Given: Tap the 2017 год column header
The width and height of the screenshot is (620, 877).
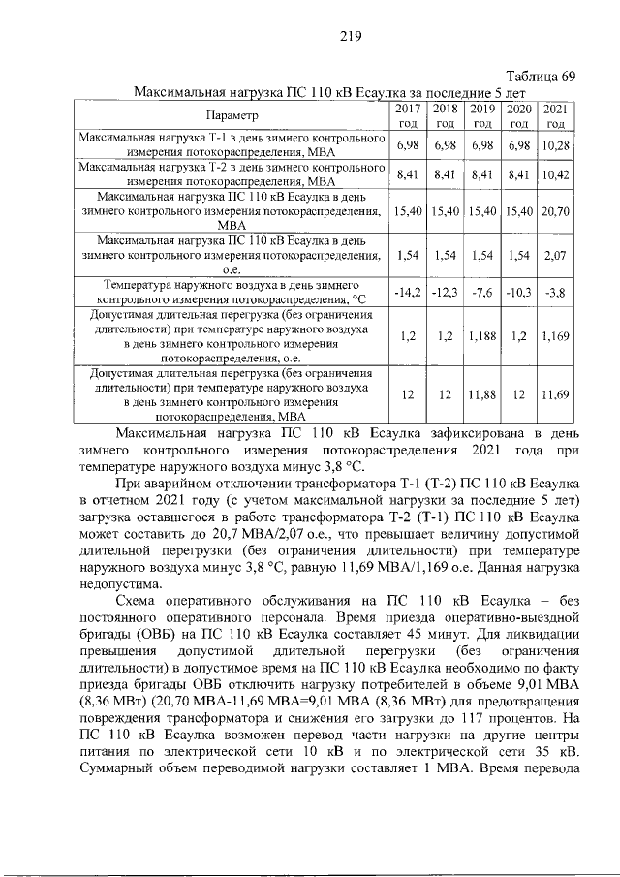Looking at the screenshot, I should (x=408, y=115).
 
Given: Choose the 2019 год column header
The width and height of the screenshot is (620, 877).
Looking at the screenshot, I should (x=481, y=115).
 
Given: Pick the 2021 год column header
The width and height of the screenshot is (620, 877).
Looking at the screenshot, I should (x=555, y=115).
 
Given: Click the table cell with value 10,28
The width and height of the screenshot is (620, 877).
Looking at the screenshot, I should (x=555, y=144).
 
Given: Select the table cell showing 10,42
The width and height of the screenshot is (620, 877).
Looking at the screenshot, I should (x=555, y=174).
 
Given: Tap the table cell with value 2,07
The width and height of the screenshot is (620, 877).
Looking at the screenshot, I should (x=555, y=256).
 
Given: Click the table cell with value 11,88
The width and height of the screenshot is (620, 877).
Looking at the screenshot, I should (x=481, y=394).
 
